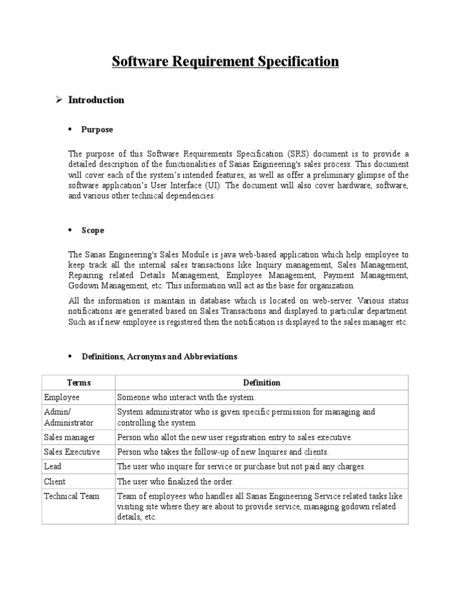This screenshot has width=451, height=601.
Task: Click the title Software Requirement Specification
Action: click(x=225, y=62)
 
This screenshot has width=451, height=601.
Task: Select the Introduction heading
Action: click(x=96, y=100)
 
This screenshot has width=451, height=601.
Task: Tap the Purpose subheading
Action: click(x=97, y=130)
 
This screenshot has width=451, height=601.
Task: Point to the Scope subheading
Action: click(x=93, y=230)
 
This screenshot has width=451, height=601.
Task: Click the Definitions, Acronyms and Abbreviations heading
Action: click(x=159, y=356)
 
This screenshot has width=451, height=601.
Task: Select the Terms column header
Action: click(x=79, y=383)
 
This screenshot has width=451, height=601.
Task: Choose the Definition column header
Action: click(x=261, y=383)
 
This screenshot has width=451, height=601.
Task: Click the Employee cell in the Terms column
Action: click(x=62, y=397)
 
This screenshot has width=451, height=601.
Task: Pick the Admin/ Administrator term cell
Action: click(x=69, y=417)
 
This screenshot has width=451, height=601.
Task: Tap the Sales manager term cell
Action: click(x=69, y=437)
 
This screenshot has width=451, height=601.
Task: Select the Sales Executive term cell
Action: click(x=72, y=452)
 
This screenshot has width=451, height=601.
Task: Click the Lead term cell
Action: click(x=53, y=467)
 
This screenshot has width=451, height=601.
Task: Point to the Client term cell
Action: click(x=55, y=481)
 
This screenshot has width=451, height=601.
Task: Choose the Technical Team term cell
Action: click(x=72, y=496)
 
